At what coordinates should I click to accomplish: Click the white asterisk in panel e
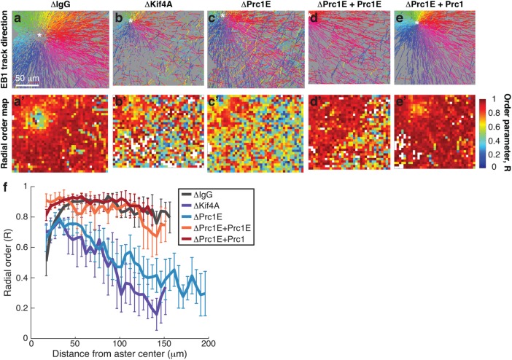point(416,23)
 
